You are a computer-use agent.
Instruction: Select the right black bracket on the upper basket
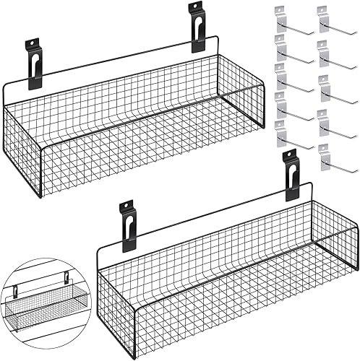point(197,27)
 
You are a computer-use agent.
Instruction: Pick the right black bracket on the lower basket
point(291,175)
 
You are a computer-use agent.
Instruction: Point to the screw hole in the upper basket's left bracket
point(33,45)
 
